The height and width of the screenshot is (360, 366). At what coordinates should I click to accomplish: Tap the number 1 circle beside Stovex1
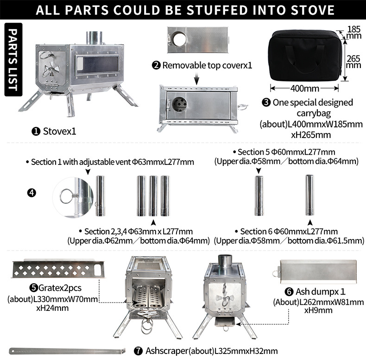[x=36, y=132]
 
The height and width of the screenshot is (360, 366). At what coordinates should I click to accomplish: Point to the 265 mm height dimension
[x=353, y=62]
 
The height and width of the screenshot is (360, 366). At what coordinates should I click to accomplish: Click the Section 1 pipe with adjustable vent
[x=100, y=196]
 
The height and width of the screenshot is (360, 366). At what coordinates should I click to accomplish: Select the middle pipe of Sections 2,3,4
[x=153, y=196]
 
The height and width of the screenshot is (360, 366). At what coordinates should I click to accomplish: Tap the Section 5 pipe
[x=259, y=196]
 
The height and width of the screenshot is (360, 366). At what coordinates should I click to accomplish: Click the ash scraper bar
[x=68, y=348]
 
